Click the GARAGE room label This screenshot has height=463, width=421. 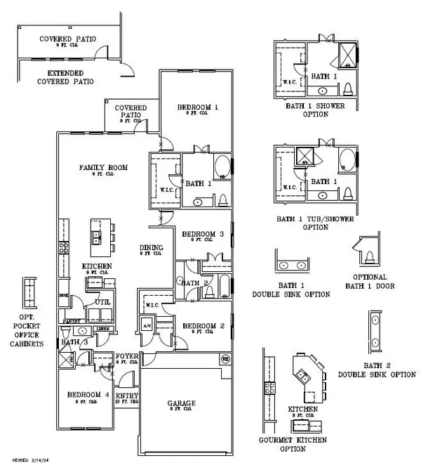coord(181,403)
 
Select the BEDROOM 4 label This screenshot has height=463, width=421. coord(88,396)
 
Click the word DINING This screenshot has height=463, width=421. coord(152,247)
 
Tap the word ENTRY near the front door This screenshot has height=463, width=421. coord(127,396)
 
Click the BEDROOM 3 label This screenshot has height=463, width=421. coord(203,234)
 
